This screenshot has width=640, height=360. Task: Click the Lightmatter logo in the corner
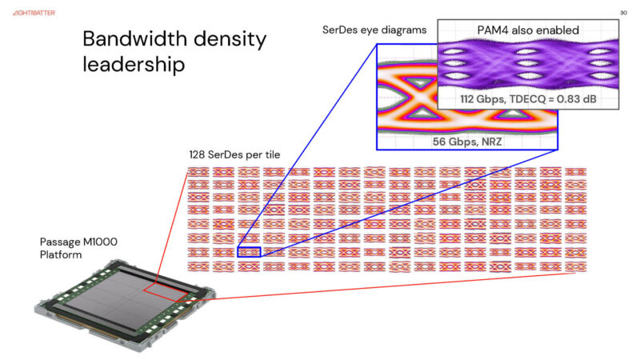click(34, 13)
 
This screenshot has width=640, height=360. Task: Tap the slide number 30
click(623, 13)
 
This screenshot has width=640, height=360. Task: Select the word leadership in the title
click(134, 64)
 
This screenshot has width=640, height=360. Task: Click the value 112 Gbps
click(486, 98)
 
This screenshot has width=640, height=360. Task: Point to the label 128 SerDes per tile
click(234, 155)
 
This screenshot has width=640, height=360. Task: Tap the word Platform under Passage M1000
click(62, 254)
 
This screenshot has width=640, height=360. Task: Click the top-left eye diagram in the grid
click(198, 173)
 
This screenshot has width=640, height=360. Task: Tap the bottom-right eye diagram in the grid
click(576, 266)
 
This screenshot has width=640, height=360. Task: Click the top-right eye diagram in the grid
click(576, 173)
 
